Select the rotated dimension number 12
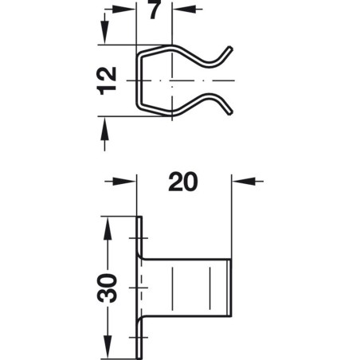[110, 80]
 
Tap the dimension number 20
[182, 182]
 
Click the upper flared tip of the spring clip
[230, 50]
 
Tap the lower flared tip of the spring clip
[230, 111]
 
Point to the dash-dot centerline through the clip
[191, 81]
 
